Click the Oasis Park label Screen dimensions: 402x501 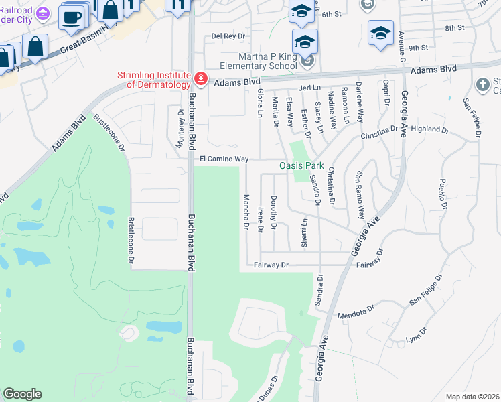(x=301, y=165)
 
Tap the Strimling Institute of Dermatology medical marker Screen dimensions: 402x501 (x=199, y=80)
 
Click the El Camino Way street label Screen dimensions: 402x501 (x=224, y=159)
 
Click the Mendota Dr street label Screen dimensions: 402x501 (x=355, y=313)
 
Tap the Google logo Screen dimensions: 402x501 (x=22, y=394)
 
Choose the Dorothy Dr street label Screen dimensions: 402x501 (x=273, y=213)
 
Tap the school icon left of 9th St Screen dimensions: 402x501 (x=380, y=32)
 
